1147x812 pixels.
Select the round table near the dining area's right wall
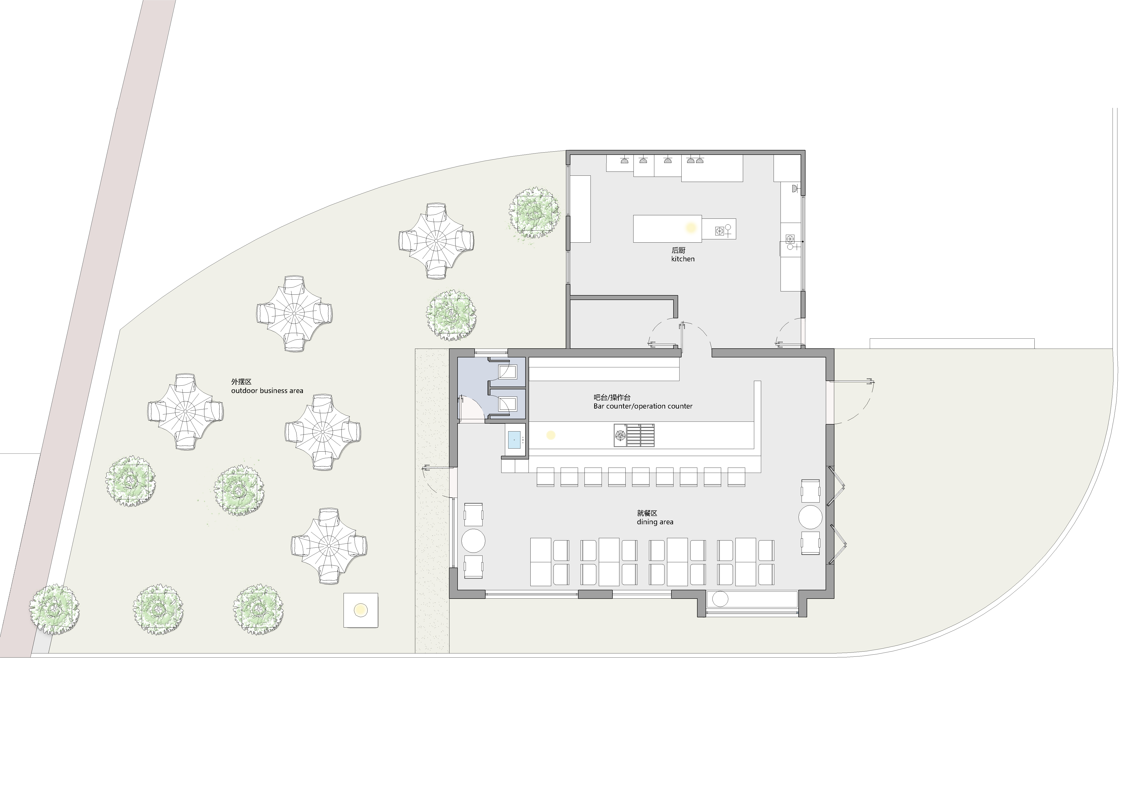(x=810, y=517)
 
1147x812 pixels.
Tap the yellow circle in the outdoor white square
(x=360, y=610)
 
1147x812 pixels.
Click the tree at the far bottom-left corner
(x=54, y=610)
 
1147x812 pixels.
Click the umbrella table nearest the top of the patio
(x=436, y=240)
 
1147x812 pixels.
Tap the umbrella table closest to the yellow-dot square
(x=329, y=546)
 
